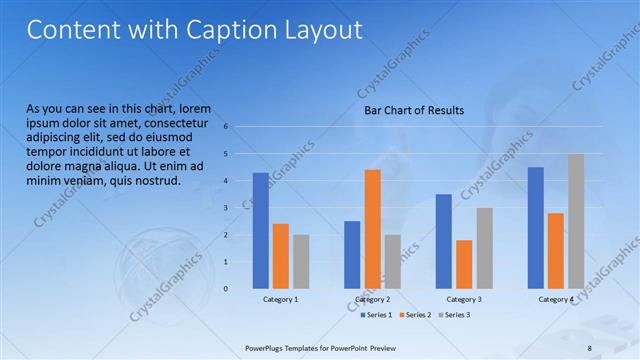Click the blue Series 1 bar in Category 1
[260, 230]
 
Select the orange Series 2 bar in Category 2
[372, 229]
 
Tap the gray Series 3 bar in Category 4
[575, 221]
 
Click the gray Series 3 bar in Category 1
[301, 262]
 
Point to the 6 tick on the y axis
[226, 127]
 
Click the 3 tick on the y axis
[226, 208]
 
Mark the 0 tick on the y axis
[226, 289]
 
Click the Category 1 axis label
[281, 299]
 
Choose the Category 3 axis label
[464, 299]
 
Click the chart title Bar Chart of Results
[413, 110]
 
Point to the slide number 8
[590, 347]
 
